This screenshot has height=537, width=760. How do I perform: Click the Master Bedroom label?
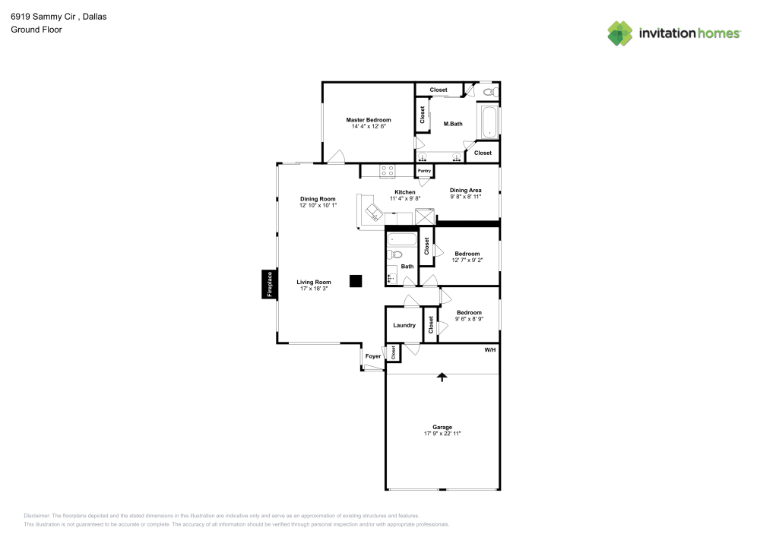(369, 120)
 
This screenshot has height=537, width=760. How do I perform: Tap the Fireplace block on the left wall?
(268, 285)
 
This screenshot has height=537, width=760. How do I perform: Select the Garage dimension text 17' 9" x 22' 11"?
(442, 433)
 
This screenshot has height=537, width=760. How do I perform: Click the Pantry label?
(424, 171)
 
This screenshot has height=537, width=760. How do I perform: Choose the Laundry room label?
(404, 325)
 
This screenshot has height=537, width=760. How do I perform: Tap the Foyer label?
(373, 355)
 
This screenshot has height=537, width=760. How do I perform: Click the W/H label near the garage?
(490, 349)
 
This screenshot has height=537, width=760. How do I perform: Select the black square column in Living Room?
(355, 281)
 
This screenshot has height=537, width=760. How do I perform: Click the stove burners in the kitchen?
(388, 171)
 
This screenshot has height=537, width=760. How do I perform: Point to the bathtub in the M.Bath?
(489, 122)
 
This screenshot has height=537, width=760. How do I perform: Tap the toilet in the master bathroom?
(490, 92)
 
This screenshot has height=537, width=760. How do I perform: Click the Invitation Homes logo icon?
(619, 33)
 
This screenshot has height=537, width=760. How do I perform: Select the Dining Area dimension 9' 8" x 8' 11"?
(466, 196)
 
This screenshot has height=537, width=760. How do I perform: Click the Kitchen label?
(405, 192)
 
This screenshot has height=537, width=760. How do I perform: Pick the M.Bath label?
(453, 124)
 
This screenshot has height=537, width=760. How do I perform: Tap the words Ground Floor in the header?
(36, 30)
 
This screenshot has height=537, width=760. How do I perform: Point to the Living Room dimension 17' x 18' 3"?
(314, 288)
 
